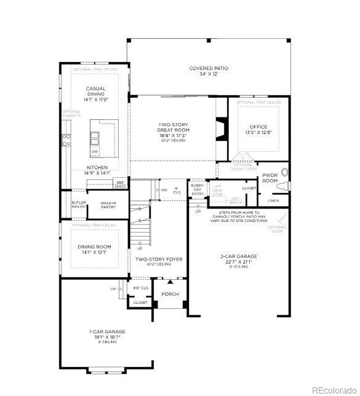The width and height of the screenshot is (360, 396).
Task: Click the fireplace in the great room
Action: click(222, 130)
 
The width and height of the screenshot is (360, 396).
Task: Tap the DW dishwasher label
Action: click(95, 151)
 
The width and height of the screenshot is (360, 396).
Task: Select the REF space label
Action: click(120, 183)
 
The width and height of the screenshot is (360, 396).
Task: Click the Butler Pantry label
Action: click(79, 205)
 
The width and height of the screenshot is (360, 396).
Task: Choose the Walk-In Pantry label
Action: click(108, 205)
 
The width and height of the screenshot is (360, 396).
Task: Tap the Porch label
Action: click(170, 294)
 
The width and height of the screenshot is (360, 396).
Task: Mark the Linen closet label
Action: click(273, 200)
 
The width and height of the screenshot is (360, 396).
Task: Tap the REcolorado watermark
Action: click(332, 389)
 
